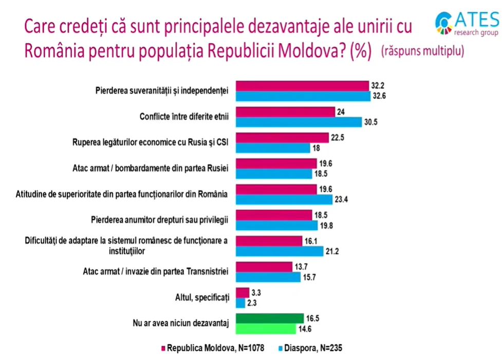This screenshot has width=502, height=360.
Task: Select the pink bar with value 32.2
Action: coord(302,86)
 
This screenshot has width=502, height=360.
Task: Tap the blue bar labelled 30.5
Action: coord(299,122)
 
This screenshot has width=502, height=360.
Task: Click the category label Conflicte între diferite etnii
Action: coord(184,116)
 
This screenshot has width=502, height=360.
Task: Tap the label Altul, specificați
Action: coord(202,297)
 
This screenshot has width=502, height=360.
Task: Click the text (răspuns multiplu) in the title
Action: coord(422,52)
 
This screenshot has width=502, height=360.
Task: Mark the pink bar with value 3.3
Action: coord(241,293)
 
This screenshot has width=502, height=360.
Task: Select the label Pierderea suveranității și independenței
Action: coord(162,91)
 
